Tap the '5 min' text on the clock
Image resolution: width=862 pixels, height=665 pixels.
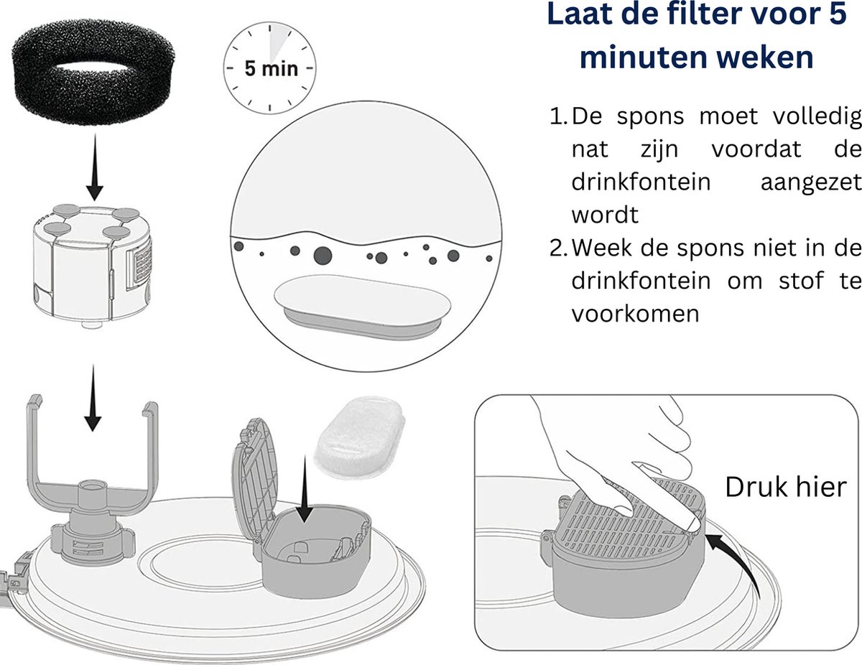coord(271,68)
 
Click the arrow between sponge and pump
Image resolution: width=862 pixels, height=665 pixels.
coord(94,167)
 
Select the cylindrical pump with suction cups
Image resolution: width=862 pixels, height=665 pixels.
coord(93,265)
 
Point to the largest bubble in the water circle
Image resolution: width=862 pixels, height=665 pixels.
coord(323,256)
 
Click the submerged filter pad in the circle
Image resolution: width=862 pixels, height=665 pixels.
coord(362,306)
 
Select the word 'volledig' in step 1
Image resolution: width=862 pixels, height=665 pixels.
coord(817,118)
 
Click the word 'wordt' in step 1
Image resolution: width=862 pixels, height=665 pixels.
coord(605,215)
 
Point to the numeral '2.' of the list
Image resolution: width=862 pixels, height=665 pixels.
coord(559,248)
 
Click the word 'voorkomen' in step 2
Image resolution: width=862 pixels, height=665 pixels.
coord(636,314)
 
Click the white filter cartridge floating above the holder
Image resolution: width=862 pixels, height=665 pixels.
coord(359,437)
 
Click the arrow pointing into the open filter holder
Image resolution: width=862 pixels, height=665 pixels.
coord(305,488)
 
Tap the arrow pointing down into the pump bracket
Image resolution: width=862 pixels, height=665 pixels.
coord(93,398)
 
